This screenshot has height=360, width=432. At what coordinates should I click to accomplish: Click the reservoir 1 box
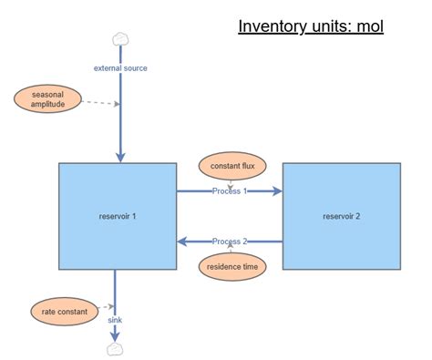(x=118, y=216)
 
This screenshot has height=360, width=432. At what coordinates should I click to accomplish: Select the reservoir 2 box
(x=341, y=216)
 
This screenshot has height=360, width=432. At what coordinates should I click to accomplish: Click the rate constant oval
(x=65, y=312)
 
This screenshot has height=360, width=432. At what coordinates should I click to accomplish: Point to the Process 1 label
(x=230, y=191)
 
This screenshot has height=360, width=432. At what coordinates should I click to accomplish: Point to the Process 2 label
(x=230, y=242)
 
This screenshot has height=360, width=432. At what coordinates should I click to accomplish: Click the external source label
(x=120, y=67)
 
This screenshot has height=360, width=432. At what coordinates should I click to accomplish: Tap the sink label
(x=116, y=320)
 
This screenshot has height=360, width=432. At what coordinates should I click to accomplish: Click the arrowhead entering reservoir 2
(x=276, y=191)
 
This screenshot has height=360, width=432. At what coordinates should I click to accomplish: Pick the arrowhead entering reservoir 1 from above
(x=120, y=157)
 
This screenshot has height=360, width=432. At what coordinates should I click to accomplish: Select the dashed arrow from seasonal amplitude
(x=98, y=102)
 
